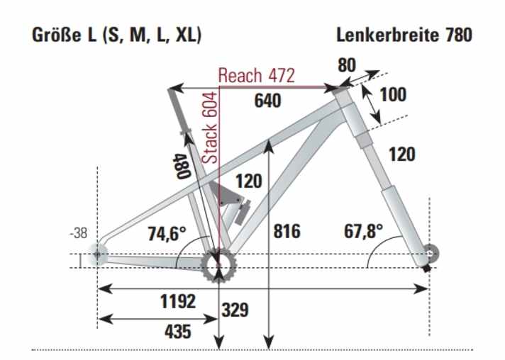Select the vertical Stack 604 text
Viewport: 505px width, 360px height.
[x=210, y=129]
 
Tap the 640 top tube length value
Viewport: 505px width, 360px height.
[x=267, y=101]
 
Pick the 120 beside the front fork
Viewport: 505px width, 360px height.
[x=401, y=154]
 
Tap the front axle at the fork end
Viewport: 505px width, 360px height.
[x=428, y=253]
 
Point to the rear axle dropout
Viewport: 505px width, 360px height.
[x=97, y=254]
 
